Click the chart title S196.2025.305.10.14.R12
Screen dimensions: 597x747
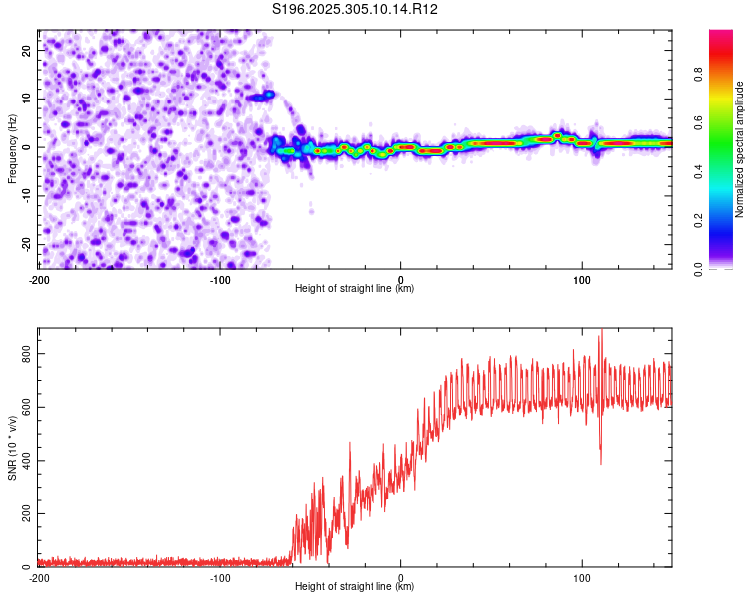[356, 9]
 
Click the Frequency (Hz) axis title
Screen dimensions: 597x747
[12, 147]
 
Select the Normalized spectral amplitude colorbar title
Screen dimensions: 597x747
[739, 149]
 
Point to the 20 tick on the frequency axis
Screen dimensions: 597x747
[27, 50]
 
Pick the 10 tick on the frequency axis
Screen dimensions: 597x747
[27, 99]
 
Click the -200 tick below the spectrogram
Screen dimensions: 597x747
[40, 278]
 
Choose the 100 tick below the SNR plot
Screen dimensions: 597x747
[582, 577]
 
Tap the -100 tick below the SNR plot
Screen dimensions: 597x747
[219, 577]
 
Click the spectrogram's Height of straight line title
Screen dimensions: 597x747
[355, 289]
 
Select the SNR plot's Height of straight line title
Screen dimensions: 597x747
[355, 587]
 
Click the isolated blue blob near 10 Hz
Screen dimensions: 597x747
[261, 97]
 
